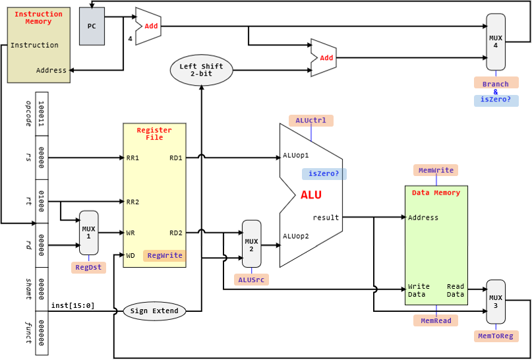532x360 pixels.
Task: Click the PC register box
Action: coord(92,26)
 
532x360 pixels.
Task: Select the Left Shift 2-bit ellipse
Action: coord(202,70)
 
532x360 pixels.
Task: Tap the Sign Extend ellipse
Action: coord(154,311)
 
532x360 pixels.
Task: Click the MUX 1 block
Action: coord(88,233)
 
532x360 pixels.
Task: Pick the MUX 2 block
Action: coord(251,244)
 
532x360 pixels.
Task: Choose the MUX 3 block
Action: coord(495,301)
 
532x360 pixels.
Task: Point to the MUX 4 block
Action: coord(495,42)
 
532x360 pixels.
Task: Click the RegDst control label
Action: coord(88,268)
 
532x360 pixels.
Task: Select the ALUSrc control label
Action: coord(251,280)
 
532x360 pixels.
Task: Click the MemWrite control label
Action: coord(436,170)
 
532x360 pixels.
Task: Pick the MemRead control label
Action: coord(436,320)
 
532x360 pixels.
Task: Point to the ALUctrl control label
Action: coord(311,121)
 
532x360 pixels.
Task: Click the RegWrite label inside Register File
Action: coord(164,256)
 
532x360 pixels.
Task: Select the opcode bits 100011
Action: coord(42,114)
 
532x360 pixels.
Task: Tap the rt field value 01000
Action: coord(42,201)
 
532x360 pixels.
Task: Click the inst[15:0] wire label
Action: coord(73,305)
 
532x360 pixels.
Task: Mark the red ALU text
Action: coord(311,195)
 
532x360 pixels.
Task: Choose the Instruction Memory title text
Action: coord(38,18)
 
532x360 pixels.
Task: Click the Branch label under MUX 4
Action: coord(495,84)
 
